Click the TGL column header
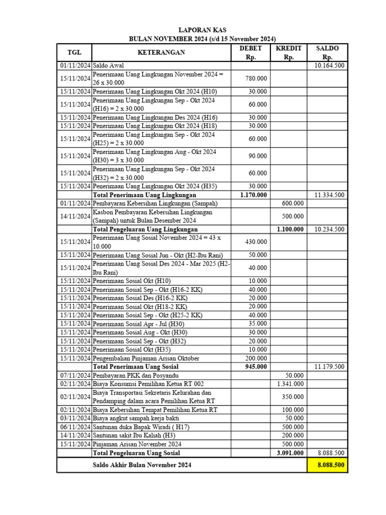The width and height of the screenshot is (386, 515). (74, 52)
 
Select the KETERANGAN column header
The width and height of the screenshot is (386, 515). (161, 52)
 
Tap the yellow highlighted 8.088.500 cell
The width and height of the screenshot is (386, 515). (327, 465)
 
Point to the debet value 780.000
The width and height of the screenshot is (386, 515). (256, 78)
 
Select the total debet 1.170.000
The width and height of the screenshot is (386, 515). (253, 195)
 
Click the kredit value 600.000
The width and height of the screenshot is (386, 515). (293, 203)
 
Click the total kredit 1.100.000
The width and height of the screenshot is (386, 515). (290, 229)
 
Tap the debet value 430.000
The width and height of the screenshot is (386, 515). (256, 242)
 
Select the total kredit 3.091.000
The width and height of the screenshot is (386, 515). (290, 453)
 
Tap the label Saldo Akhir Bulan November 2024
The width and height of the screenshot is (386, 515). (142, 465)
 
